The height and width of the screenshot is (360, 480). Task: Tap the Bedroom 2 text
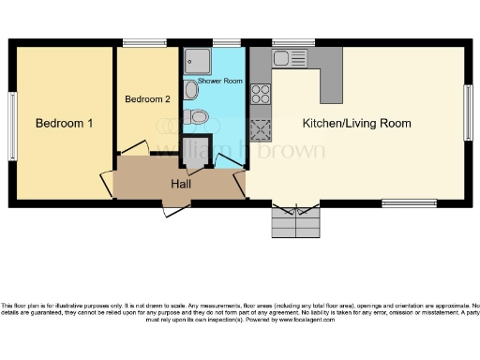(148, 98)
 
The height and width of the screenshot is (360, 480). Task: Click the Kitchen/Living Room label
(356, 123)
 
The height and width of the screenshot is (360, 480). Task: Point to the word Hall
(181, 184)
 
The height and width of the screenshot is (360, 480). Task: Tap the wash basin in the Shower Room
(191, 89)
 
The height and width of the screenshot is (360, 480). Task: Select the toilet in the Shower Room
(196, 117)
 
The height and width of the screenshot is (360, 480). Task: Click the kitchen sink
(284, 59)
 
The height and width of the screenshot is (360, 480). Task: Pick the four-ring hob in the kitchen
(260, 94)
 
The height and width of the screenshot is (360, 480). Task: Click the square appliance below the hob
(260, 128)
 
